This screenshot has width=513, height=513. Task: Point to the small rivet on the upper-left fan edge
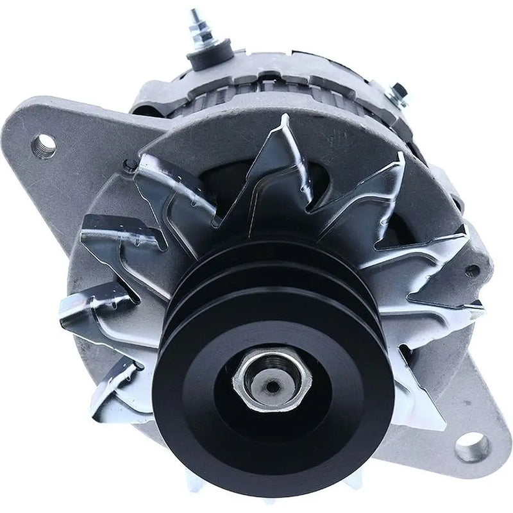131,165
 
